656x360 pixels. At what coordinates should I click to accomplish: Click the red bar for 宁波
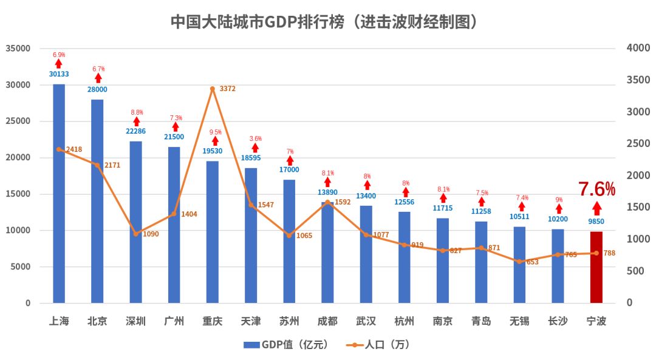point(596,267)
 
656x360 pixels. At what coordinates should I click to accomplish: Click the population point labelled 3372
point(213,89)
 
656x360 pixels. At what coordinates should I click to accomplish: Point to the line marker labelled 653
point(519,262)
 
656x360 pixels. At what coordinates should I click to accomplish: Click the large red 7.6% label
point(596,189)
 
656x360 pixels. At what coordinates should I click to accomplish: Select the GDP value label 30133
point(59,75)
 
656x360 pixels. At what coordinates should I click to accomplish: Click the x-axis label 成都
point(327,321)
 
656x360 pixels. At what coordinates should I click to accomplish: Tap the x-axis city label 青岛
point(481,321)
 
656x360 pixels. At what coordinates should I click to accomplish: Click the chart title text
point(327,21)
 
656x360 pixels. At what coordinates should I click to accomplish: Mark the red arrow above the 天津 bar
point(255,148)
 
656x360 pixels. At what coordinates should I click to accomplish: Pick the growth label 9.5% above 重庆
point(215,132)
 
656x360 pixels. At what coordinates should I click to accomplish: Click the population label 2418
point(74,149)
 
